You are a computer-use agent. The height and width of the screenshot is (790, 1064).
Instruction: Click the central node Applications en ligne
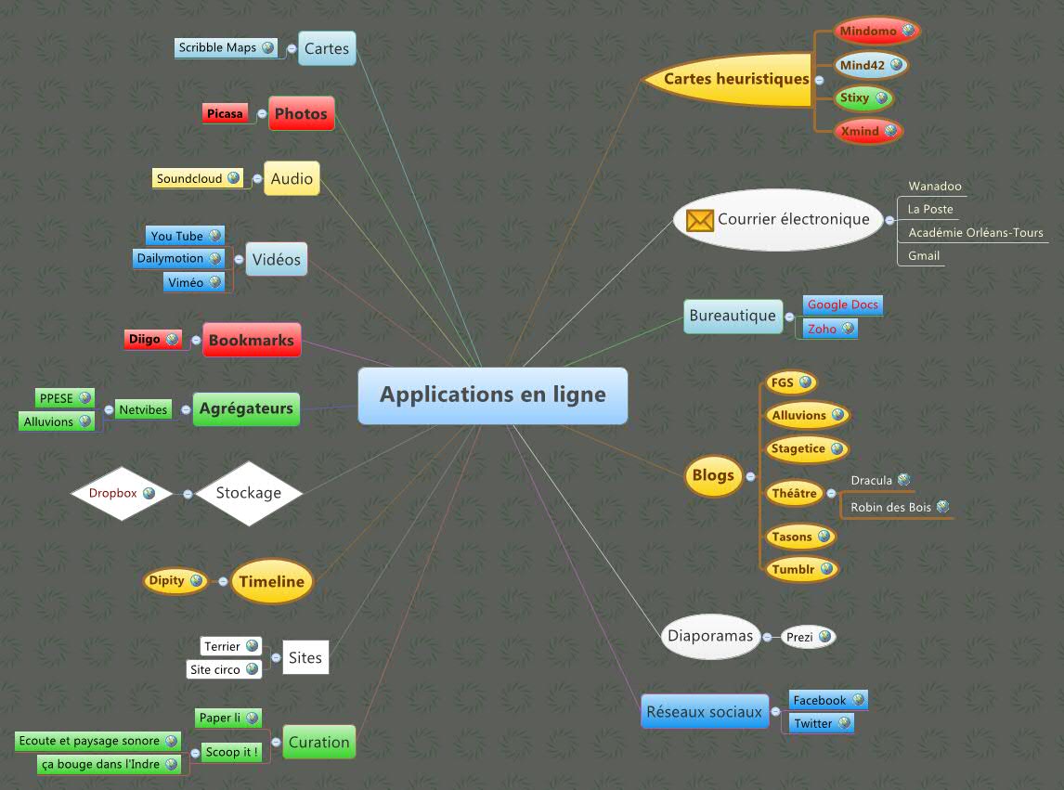pos(492,395)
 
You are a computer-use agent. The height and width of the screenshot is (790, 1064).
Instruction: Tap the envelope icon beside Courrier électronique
pos(699,220)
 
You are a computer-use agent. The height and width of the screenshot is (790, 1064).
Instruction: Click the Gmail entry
pos(923,255)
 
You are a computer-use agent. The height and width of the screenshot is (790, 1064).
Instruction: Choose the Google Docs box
pos(842,304)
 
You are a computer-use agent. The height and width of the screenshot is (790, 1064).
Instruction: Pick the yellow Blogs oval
pos(713,475)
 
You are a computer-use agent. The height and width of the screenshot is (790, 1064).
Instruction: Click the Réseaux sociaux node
pos(705,712)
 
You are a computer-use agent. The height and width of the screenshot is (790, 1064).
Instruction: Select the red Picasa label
pos(226,114)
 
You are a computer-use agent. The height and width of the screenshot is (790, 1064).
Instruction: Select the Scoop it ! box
pos(230,751)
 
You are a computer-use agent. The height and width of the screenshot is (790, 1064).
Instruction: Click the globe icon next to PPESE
pos(85,397)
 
